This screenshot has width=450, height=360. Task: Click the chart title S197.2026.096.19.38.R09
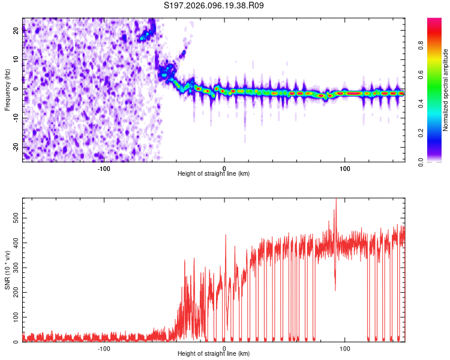point(214,6)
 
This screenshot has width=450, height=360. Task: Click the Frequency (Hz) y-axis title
point(8,90)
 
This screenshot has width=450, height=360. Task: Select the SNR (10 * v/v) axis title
point(8,270)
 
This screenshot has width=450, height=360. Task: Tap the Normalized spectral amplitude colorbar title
point(446,90)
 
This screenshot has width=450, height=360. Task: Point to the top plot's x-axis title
point(214,173)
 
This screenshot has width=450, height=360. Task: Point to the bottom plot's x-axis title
point(214,354)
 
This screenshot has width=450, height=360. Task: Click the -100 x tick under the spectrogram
point(104,167)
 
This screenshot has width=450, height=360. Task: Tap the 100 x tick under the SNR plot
point(345,348)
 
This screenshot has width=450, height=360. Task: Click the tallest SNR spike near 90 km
point(336,200)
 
